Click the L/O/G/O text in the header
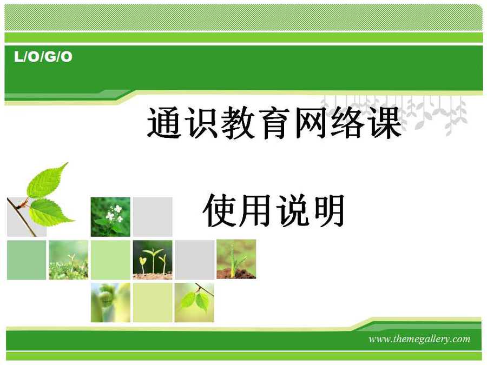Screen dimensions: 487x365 [x=43, y=57]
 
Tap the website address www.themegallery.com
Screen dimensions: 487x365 [x=419, y=339]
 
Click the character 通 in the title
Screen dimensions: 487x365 [x=164, y=122]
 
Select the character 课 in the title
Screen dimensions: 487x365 [x=385, y=122]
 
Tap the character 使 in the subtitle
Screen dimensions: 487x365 [x=219, y=210]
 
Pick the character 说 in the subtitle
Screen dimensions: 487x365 [x=293, y=210]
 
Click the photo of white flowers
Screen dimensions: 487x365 [x=110, y=217]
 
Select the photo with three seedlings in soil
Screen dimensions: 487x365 [x=153, y=260]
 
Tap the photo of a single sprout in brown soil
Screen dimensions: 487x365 [x=236, y=259]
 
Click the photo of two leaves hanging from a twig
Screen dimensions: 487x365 [x=194, y=302]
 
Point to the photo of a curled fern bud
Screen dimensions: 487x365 [x=110, y=302]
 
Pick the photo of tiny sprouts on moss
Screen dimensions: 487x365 [x=68, y=260]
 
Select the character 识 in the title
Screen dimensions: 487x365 [x=201, y=122]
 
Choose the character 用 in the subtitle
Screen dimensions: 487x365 [x=256, y=210]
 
